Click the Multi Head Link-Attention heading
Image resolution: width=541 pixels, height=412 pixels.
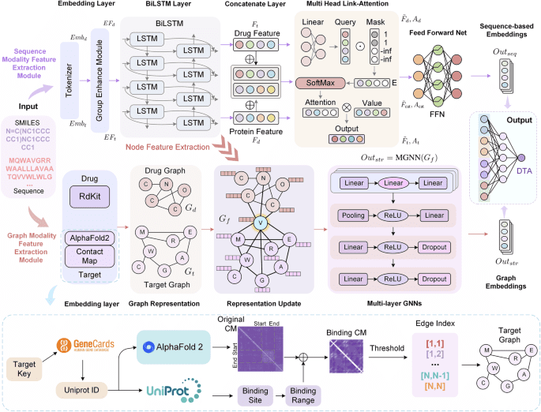tap(342, 6)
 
